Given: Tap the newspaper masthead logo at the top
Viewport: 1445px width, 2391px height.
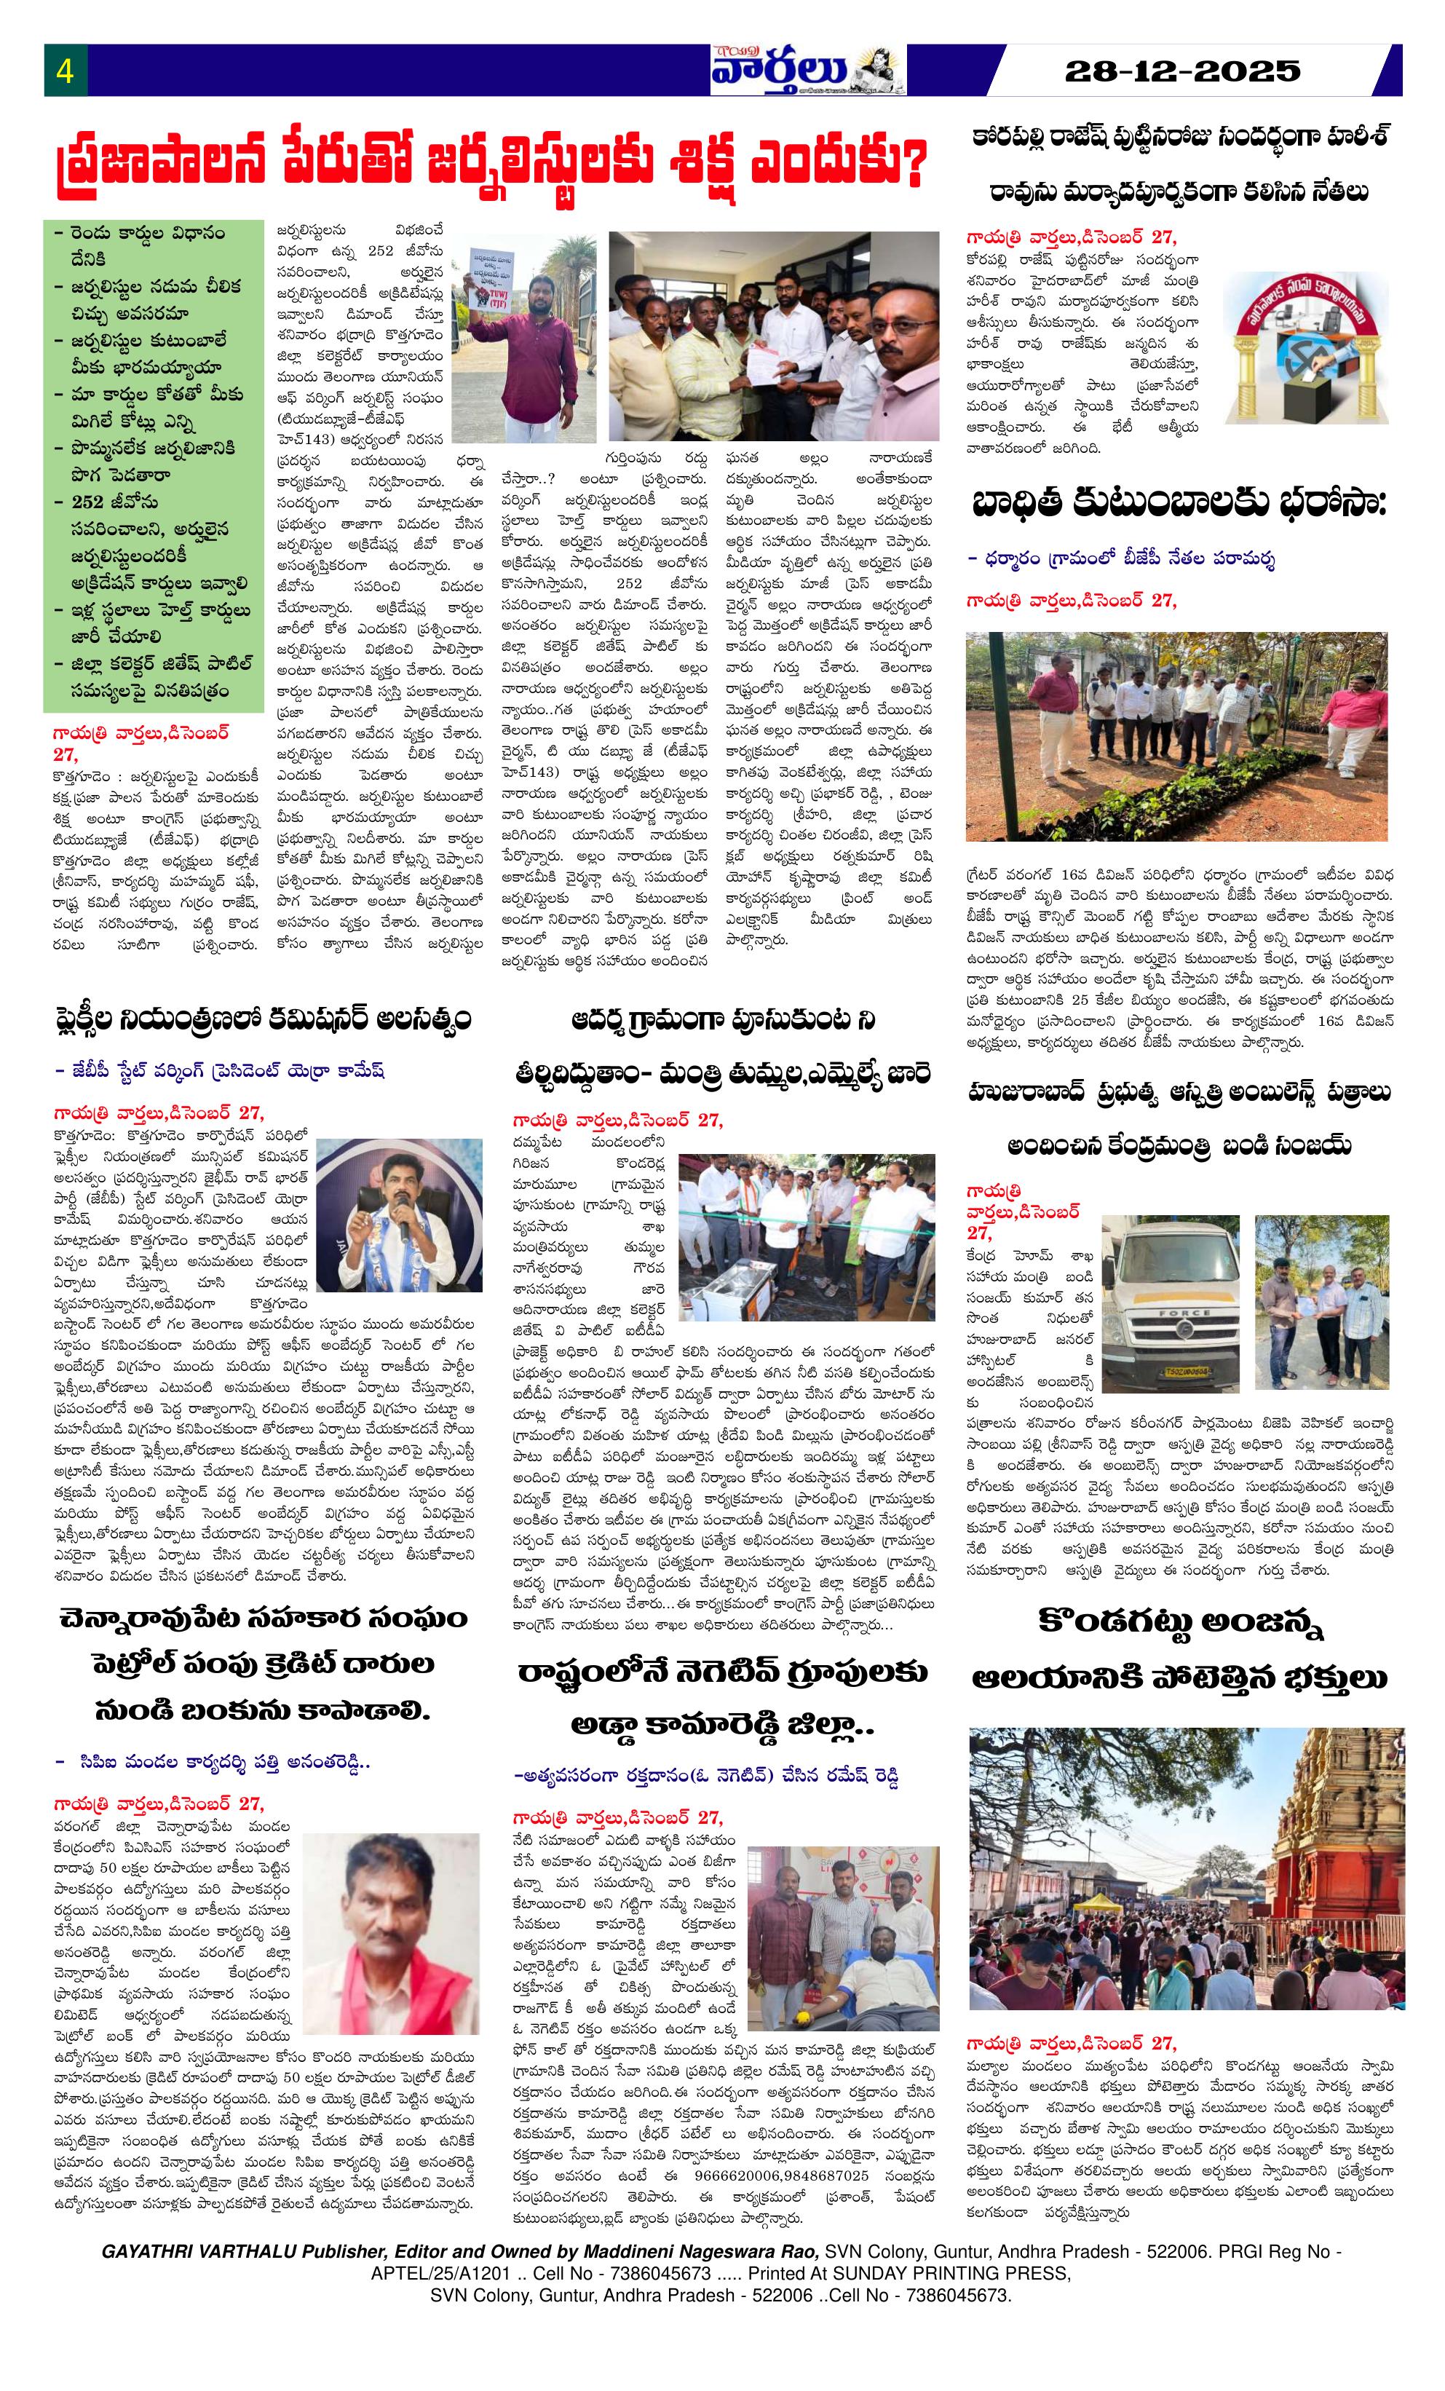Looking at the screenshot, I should (807, 70).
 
